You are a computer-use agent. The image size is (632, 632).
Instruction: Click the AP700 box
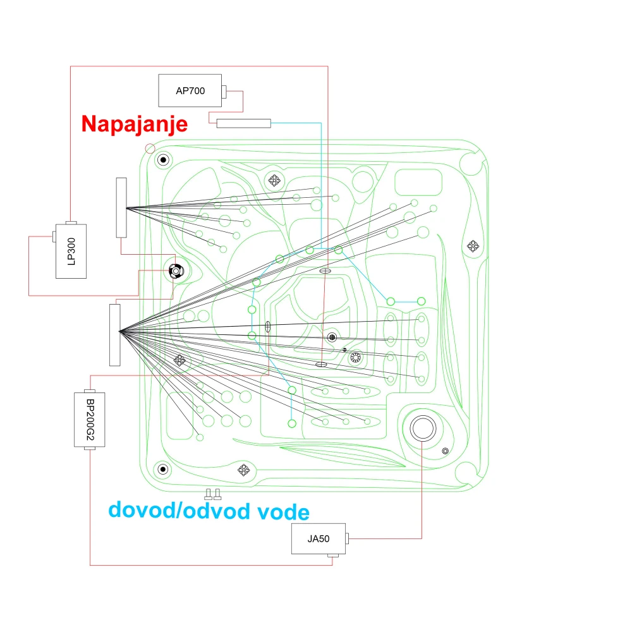click(x=190, y=90)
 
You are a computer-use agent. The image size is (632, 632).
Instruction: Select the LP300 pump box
click(x=71, y=251)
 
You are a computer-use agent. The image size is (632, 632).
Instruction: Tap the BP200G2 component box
click(x=90, y=420)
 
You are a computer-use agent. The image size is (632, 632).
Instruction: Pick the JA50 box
click(x=319, y=539)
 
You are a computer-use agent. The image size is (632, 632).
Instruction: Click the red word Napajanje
click(x=134, y=124)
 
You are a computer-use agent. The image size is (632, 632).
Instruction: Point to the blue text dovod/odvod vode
click(x=209, y=511)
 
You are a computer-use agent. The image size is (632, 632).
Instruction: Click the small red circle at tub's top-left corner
click(x=150, y=149)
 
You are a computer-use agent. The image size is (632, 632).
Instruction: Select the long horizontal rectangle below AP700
click(x=243, y=123)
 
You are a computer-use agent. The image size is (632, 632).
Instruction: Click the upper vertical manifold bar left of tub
click(x=121, y=207)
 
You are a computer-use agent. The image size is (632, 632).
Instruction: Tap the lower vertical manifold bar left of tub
click(x=115, y=336)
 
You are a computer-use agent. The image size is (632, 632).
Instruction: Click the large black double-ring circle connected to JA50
click(x=423, y=428)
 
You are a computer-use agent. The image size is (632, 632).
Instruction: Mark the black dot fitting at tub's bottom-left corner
click(x=163, y=469)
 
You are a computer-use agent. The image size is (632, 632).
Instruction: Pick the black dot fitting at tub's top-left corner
click(x=163, y=160)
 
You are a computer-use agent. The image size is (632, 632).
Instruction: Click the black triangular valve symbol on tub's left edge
click(x=176, y=271)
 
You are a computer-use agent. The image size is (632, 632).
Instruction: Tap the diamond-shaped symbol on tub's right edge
click(x=473, y=245)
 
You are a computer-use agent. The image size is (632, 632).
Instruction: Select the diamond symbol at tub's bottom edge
click(x=243, y=470)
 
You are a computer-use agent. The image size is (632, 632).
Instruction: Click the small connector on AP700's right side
click(x=224, y=92)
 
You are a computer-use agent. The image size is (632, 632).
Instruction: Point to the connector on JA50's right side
click(x=347, y=538)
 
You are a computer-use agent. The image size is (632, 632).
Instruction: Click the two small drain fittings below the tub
click(x=213, y=494)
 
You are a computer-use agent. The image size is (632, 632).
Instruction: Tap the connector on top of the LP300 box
click(x=71, y=223)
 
